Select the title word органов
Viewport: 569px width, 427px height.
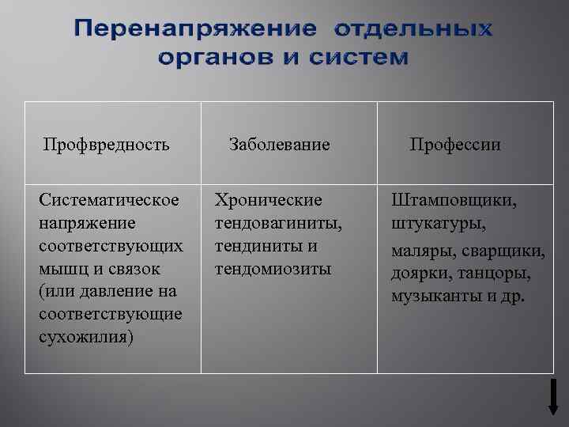[210, 58]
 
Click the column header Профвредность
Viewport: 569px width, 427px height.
[107, 145]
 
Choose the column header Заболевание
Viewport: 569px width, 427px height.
[279, 145]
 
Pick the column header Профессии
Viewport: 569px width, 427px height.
[455, 145]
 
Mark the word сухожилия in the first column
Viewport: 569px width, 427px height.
[85, 337]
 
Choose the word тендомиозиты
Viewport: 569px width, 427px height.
[273, 269]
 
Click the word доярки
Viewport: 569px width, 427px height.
[419, 275]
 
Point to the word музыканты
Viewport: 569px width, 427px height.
[431, 297]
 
